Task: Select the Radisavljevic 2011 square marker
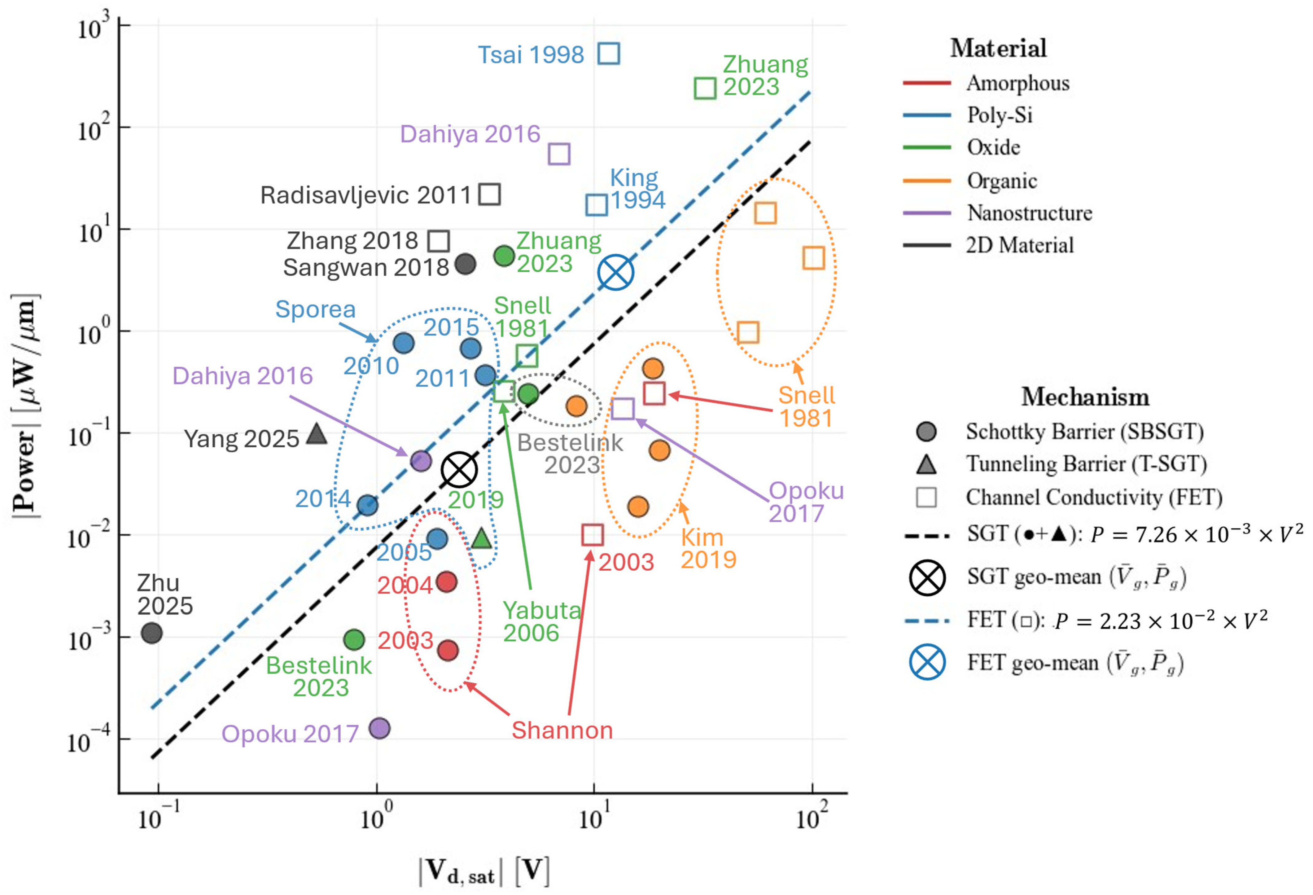489,194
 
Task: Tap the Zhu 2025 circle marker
151,633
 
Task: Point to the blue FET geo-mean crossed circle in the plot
616,272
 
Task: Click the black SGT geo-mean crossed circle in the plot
459,470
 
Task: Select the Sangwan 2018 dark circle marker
466,264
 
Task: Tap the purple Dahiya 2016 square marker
559,154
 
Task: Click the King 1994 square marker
597,204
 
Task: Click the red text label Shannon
562,730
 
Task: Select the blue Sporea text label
315,309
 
